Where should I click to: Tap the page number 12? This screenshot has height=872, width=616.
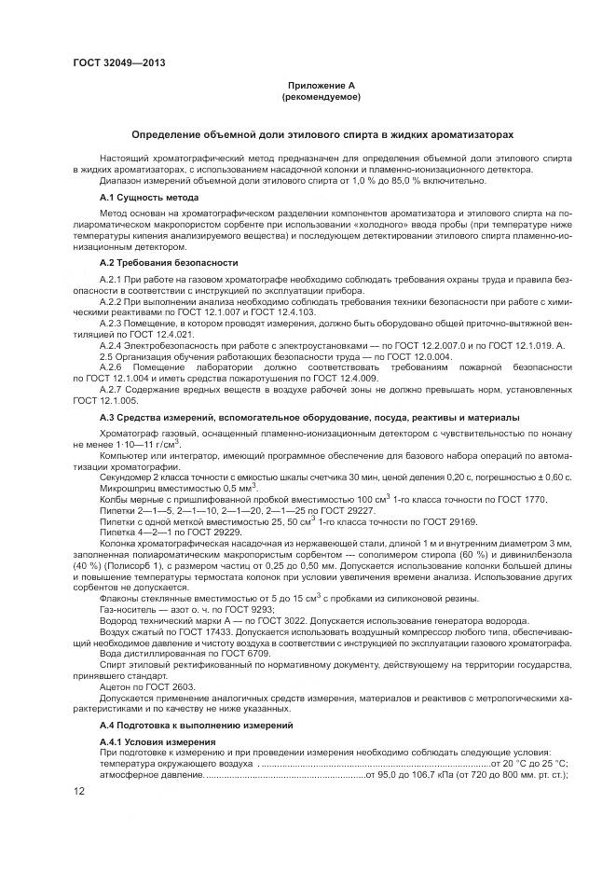coord(78,792)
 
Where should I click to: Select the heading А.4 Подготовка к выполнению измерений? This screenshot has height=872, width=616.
coord(197,725)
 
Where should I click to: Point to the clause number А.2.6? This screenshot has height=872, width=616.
coord(111,367)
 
